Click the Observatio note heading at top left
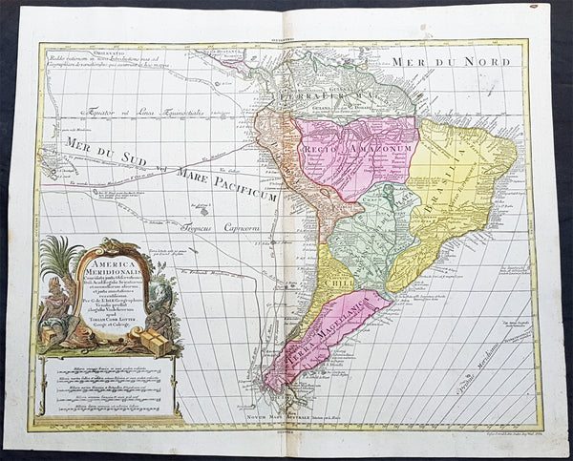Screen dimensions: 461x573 pos(61,52)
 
